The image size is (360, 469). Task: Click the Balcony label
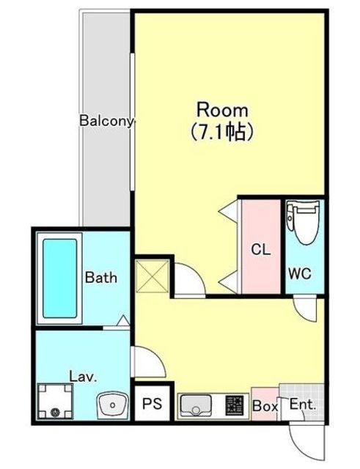pyautogui.click(x=106, y=121)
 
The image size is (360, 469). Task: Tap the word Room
pyautogui.click(x=222, y=111)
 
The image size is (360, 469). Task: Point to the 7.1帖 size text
pyautogui.click(x=222, y=132)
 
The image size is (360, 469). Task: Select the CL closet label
pyautogui.click(x=261, y=249)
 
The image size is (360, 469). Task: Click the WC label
pyautogui.click(x=300, y=273)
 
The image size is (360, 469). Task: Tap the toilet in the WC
pyautogui.click(x=303, y=223)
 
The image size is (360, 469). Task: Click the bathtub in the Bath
pyautogui.click(x=59, y=278)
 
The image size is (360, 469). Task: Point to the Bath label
pyautogui.click(x=101, y=277)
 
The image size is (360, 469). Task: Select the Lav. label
pyautogui.click(x=83, y=376)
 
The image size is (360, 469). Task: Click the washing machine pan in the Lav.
pyautogui.click(x=56, y=402)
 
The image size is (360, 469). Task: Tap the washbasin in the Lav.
pyautogui.click(x=112, y=405)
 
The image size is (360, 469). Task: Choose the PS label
pyautogui.click(x=152, y=404)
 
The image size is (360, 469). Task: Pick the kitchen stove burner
pyautogui.click(x=235, y=405)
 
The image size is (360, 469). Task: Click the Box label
pyautogui.click(x=265, y=406)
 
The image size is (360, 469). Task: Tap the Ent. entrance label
pyautogui.click(x=303, y=405)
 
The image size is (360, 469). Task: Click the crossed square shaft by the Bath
pyautogui.click(x=152, y=276)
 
